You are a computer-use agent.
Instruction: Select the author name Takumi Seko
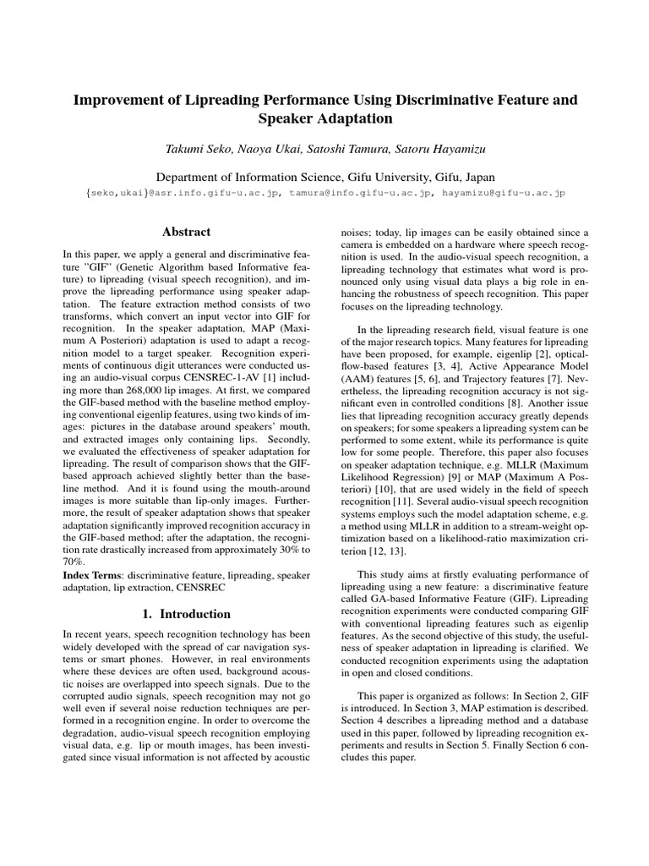(201, 149)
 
